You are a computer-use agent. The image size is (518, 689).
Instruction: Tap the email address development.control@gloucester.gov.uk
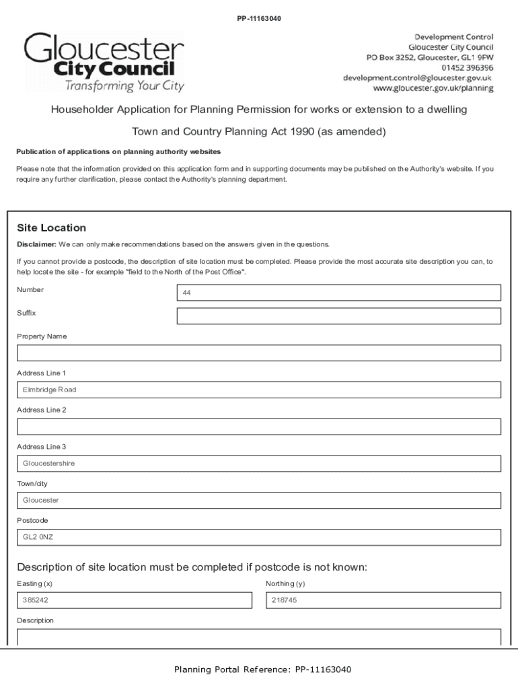pos(417,78)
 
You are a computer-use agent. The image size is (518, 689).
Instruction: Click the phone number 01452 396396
pos(468,68)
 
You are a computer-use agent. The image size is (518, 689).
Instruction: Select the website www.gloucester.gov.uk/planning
pos(433,88)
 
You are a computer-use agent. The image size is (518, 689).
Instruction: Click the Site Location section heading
pos(51,228)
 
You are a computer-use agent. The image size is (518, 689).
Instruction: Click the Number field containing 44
pos(338,293)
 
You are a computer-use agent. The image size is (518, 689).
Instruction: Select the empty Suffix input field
pos(338,316)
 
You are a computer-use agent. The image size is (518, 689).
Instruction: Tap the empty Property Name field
pos(259,353)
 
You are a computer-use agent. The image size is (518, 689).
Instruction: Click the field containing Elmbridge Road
pos(259,390)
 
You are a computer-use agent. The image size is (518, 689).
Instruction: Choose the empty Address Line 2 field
pos(259,427)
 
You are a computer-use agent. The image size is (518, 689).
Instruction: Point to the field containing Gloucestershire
pos(259,464)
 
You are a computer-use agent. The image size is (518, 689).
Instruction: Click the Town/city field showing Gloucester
pos(259,501)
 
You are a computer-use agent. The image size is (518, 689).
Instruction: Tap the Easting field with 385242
pos(134,600)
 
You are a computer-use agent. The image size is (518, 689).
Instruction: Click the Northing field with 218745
pos(383,600)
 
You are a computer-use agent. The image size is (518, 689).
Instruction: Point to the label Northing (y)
pos(285,584)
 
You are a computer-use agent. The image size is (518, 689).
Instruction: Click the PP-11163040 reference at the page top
pos(259,18)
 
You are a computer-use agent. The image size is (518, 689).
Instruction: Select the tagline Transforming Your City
pos(124,86)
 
